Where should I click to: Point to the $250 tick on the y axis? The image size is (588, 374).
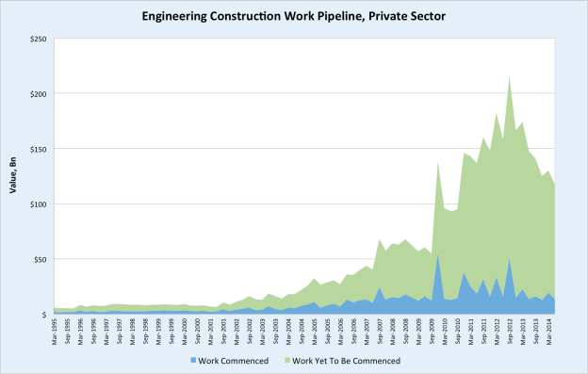coord(39,40)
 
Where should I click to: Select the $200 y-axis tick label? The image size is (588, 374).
coord(39,94)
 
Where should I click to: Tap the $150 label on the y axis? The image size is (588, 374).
coord(39,149)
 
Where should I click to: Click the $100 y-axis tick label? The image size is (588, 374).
coord(39,204)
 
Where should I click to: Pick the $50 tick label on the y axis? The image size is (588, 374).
coord(41,259)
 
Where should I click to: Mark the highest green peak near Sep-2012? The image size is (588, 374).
coord(510,78)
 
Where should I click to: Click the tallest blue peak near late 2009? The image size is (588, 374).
coord(438,254)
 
